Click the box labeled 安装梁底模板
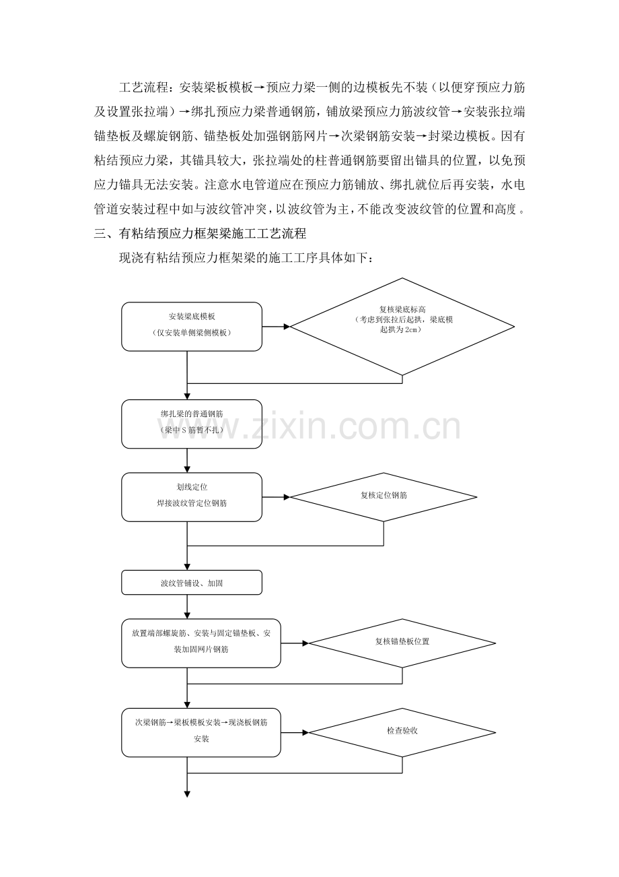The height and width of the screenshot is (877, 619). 192,327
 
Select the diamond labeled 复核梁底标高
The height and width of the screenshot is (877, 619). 402,326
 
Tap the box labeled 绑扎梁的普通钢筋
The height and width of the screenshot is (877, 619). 192,424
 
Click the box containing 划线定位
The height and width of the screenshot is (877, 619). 192,496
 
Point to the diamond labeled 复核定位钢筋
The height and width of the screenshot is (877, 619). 383,497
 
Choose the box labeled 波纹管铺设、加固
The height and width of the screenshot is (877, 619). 192,583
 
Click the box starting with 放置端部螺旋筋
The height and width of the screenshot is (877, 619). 201,643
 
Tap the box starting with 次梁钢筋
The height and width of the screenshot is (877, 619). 201,732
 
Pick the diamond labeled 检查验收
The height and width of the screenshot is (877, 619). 402,732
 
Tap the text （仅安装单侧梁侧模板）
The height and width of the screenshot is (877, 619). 192,333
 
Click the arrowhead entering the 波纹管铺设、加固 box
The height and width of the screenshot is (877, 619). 187,568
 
